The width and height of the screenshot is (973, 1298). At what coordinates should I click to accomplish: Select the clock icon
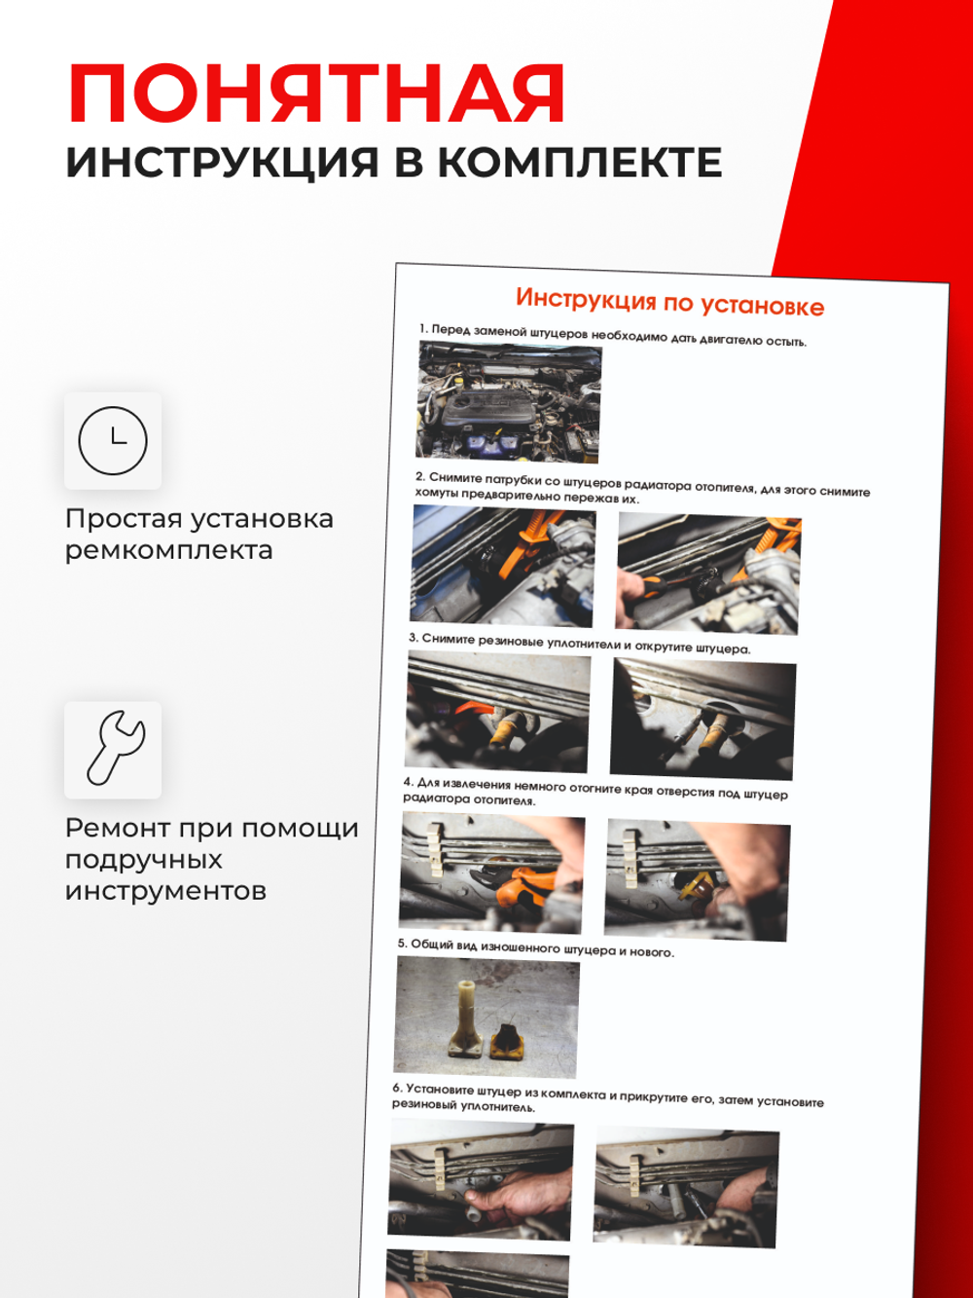point(113,441)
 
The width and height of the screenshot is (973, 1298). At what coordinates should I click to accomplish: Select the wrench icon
point(113,750)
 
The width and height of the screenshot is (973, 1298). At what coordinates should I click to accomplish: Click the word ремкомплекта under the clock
point(168,550)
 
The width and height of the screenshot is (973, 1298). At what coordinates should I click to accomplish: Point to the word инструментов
point(165,891)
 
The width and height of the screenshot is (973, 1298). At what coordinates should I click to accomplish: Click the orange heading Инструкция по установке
point(669,303)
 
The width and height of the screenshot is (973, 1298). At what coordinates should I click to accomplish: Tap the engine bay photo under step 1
point(509,402)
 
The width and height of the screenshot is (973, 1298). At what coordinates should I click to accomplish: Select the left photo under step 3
point(498,713)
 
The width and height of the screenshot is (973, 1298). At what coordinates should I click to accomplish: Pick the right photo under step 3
point(703,721)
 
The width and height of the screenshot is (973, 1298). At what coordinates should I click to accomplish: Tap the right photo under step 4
point(697,880)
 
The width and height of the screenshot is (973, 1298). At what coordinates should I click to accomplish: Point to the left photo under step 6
point(481,1180)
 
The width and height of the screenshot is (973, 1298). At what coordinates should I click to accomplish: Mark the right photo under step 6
point(686,1187)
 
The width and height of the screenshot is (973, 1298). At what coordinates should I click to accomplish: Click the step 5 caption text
point(535,947)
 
